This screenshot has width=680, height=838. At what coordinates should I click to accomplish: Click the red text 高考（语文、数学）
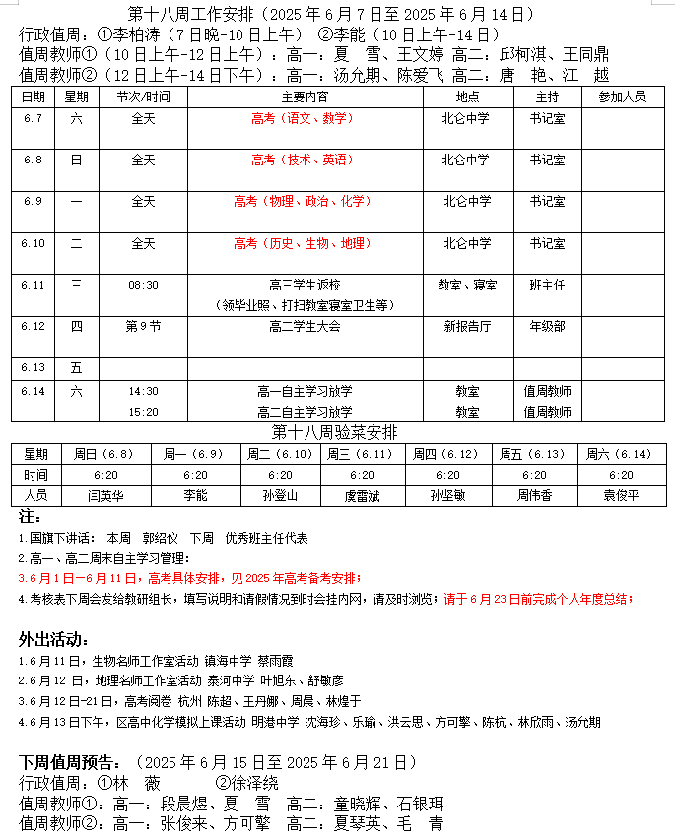303,118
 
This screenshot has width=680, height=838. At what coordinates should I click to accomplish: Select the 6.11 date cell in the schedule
34,285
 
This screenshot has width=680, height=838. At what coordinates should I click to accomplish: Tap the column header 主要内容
305,97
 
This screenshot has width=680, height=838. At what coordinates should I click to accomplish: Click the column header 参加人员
622,97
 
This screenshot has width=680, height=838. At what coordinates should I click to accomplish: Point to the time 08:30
143,285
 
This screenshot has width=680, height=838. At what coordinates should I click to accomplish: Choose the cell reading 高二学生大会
305,326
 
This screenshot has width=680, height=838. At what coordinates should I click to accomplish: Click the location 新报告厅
467,326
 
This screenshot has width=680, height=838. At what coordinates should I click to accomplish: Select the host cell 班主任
547,285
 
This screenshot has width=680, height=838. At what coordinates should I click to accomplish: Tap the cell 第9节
143,326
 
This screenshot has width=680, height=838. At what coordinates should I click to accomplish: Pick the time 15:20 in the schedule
143,412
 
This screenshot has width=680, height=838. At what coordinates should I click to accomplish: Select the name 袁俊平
621,495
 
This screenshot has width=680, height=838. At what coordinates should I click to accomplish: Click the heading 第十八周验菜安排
335,432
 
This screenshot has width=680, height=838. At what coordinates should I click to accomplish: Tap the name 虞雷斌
363,495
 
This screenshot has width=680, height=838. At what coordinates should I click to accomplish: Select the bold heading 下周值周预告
71,762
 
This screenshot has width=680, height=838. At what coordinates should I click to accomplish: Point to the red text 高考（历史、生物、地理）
303,243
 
